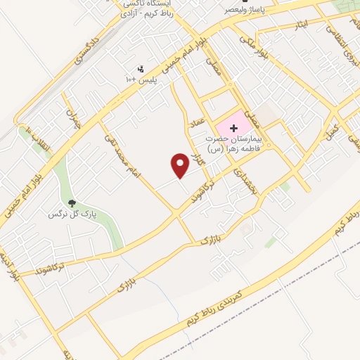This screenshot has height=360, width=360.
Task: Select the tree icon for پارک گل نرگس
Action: click(72, 202)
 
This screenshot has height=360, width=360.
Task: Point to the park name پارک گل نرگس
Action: click(72, 212)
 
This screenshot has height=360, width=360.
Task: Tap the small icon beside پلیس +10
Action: click(141, 69)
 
